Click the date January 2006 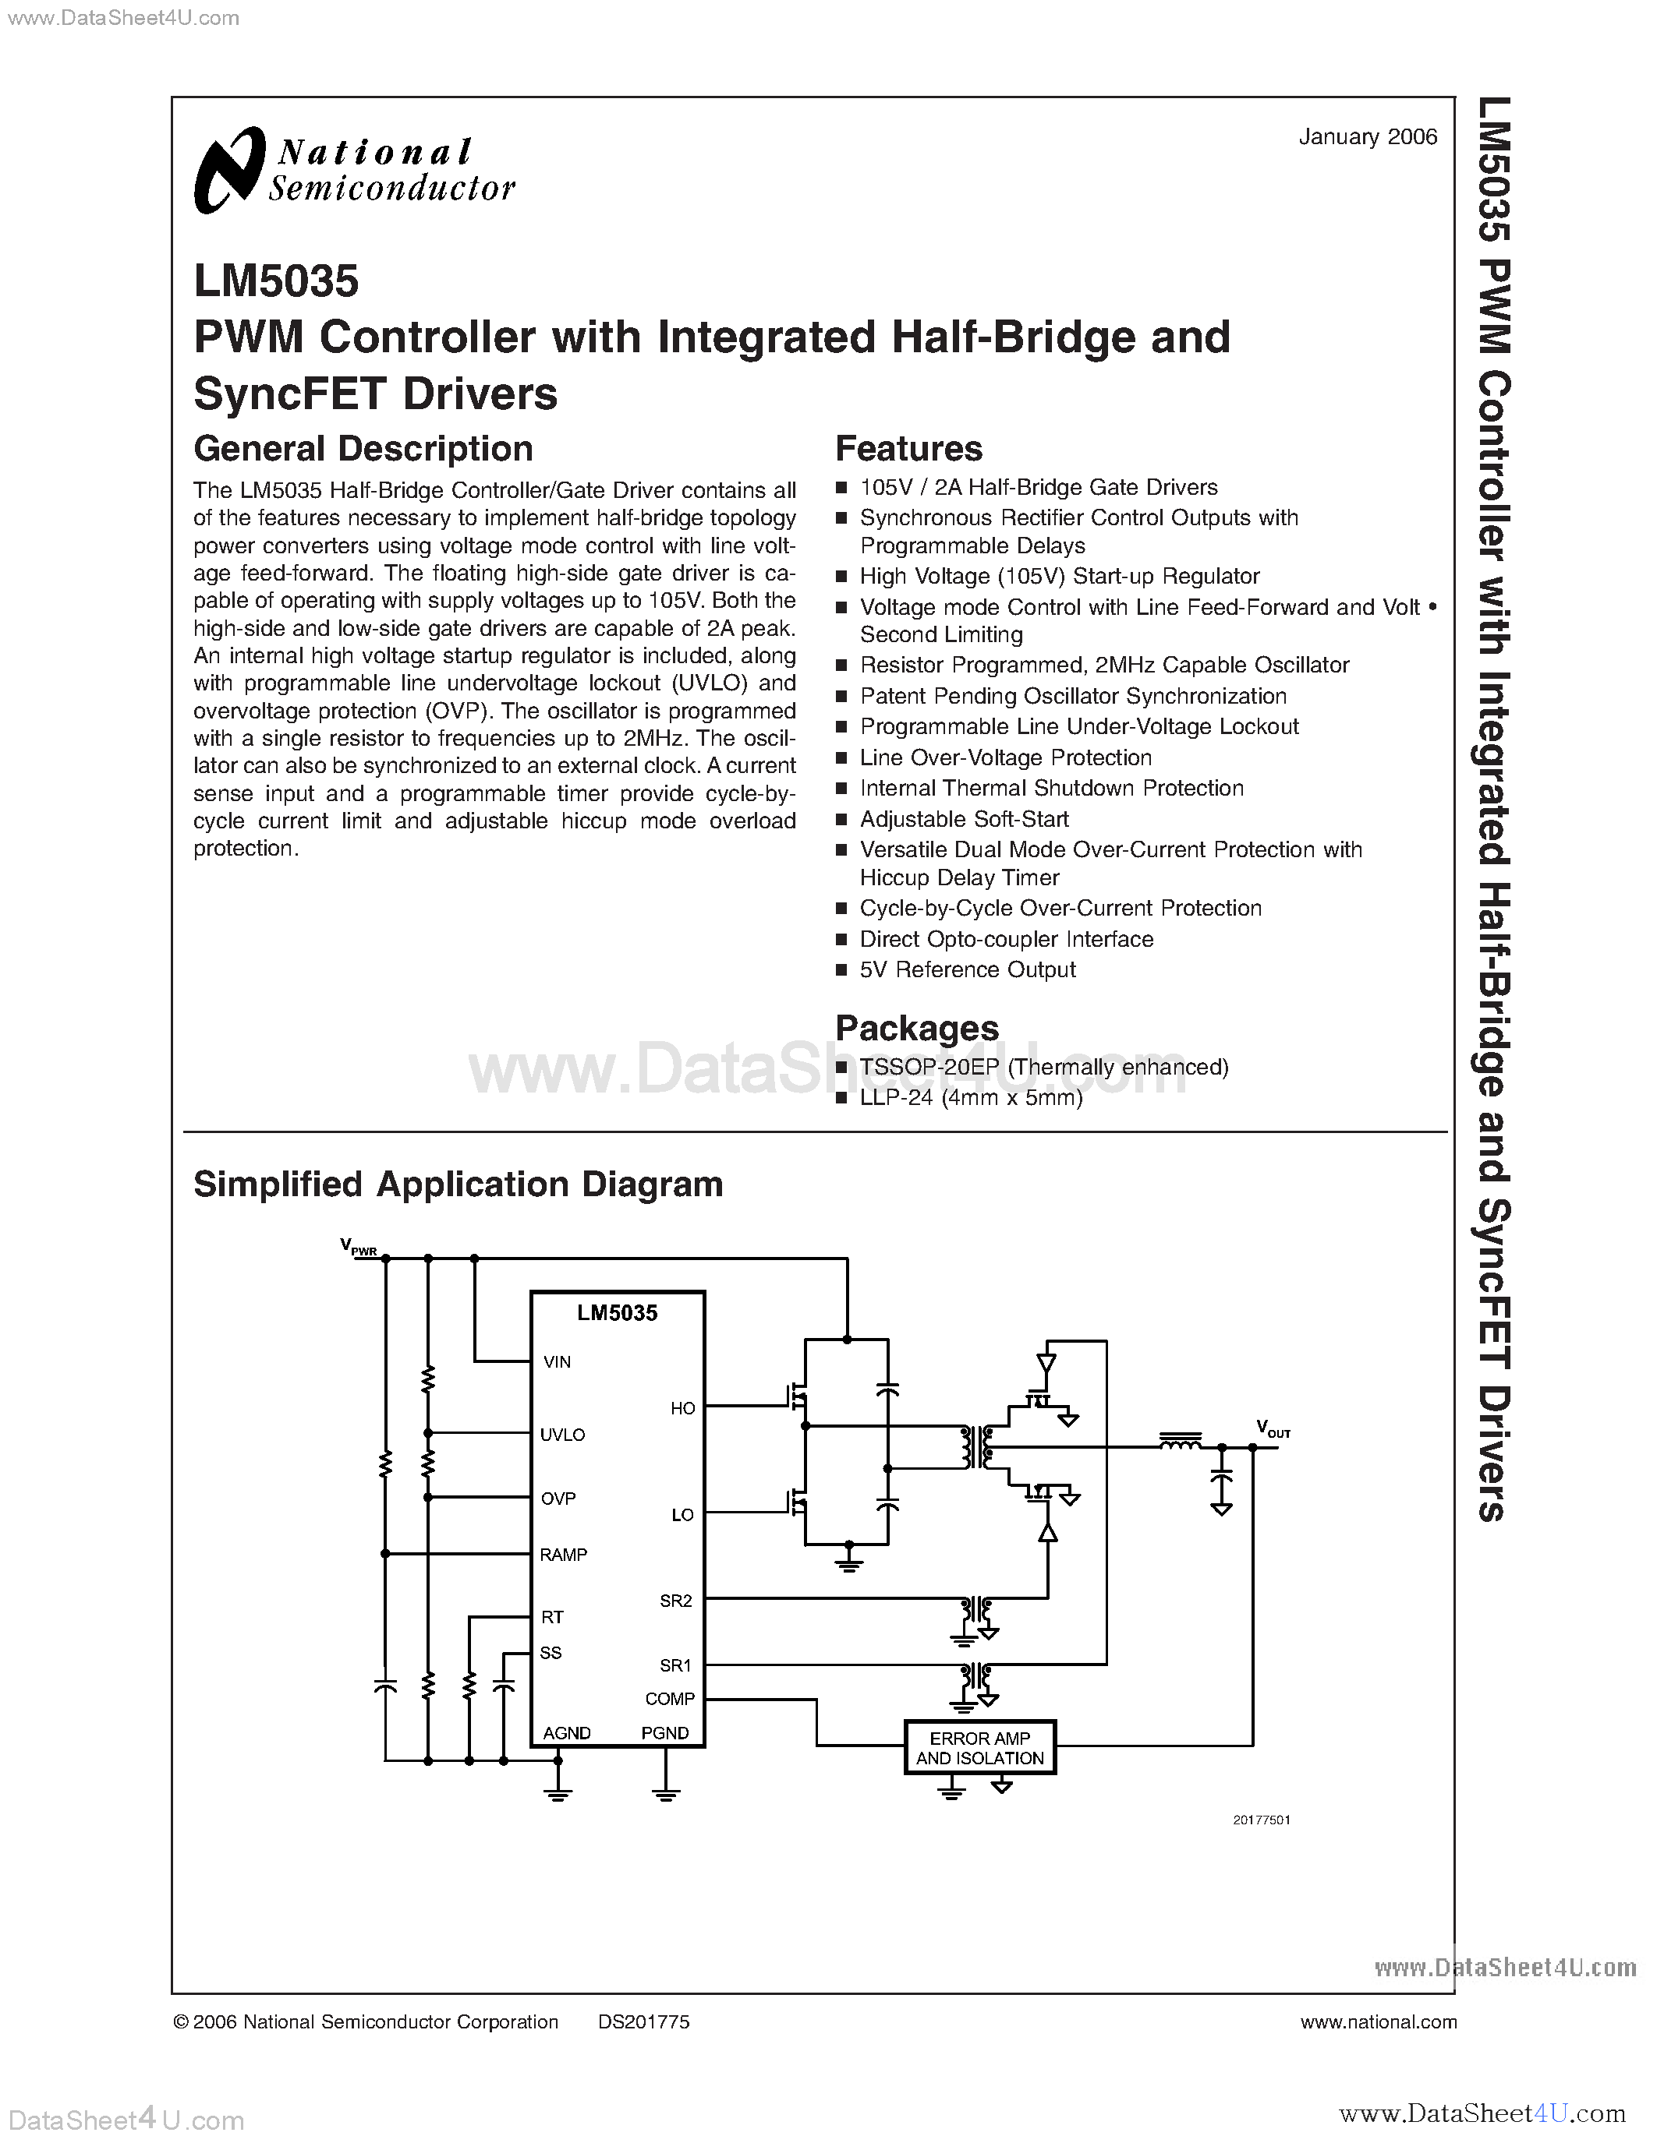(x=1368, y=137)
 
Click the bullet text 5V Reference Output (x=967, y=969)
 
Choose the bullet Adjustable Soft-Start (x=964, y=818)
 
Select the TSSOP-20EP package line (x=1043, y=1067)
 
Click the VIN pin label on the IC (x=557, y=1362)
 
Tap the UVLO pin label (x=562, y=1435)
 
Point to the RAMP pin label (x=564, y=1555)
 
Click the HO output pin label (x=682, y=1408)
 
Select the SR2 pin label (x=675, y=1601)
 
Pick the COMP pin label (x=670, y=1699)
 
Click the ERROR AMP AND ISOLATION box (x=979, y=1748)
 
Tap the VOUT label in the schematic (x=1273, y=1428)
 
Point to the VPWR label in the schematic (x=358, y=1246)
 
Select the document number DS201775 (x=644, y=2022)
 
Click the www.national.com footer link (x=1378, y=2022)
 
